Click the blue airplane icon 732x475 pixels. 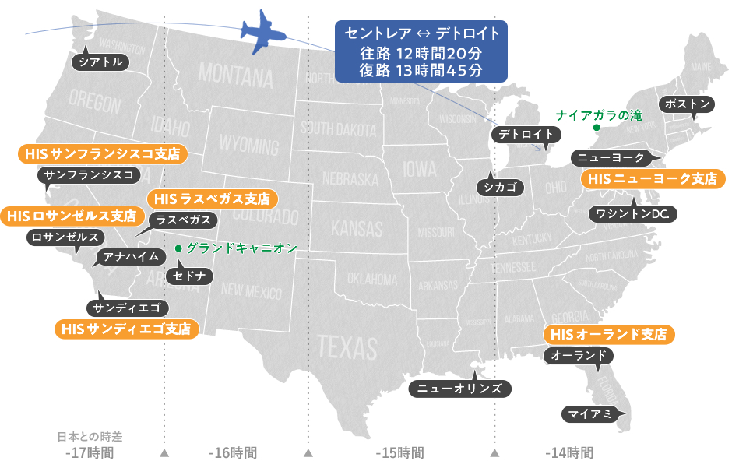click(x=263, y=32)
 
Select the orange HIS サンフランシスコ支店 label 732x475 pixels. click(x=102, y=153)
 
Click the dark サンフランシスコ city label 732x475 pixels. click(x=88, y=174)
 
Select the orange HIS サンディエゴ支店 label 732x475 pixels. click(x=125, y=329)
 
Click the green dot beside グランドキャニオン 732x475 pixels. click(x=178, y=248)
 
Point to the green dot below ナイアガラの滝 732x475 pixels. click(x=596, y=127)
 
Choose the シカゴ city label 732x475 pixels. click(x=498, y=186)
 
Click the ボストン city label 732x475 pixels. click(x=685, y=104)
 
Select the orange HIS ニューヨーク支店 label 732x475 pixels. click(x=653, y=179)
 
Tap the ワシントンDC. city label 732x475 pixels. click(x=632, y=213)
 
